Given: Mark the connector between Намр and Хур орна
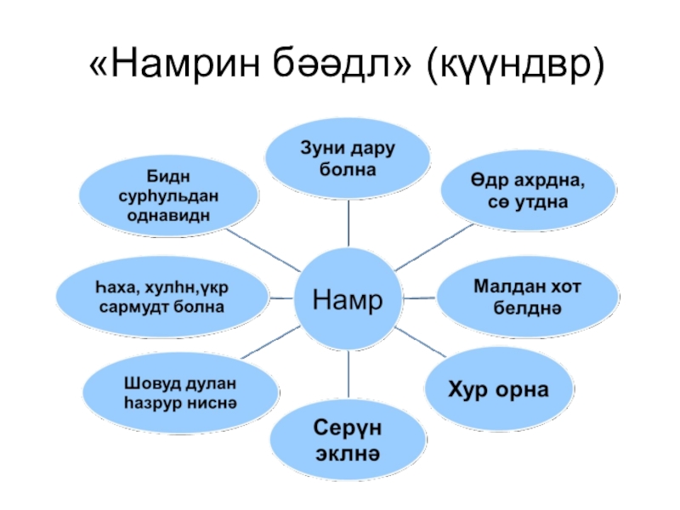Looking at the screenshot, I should pos(421,342).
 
